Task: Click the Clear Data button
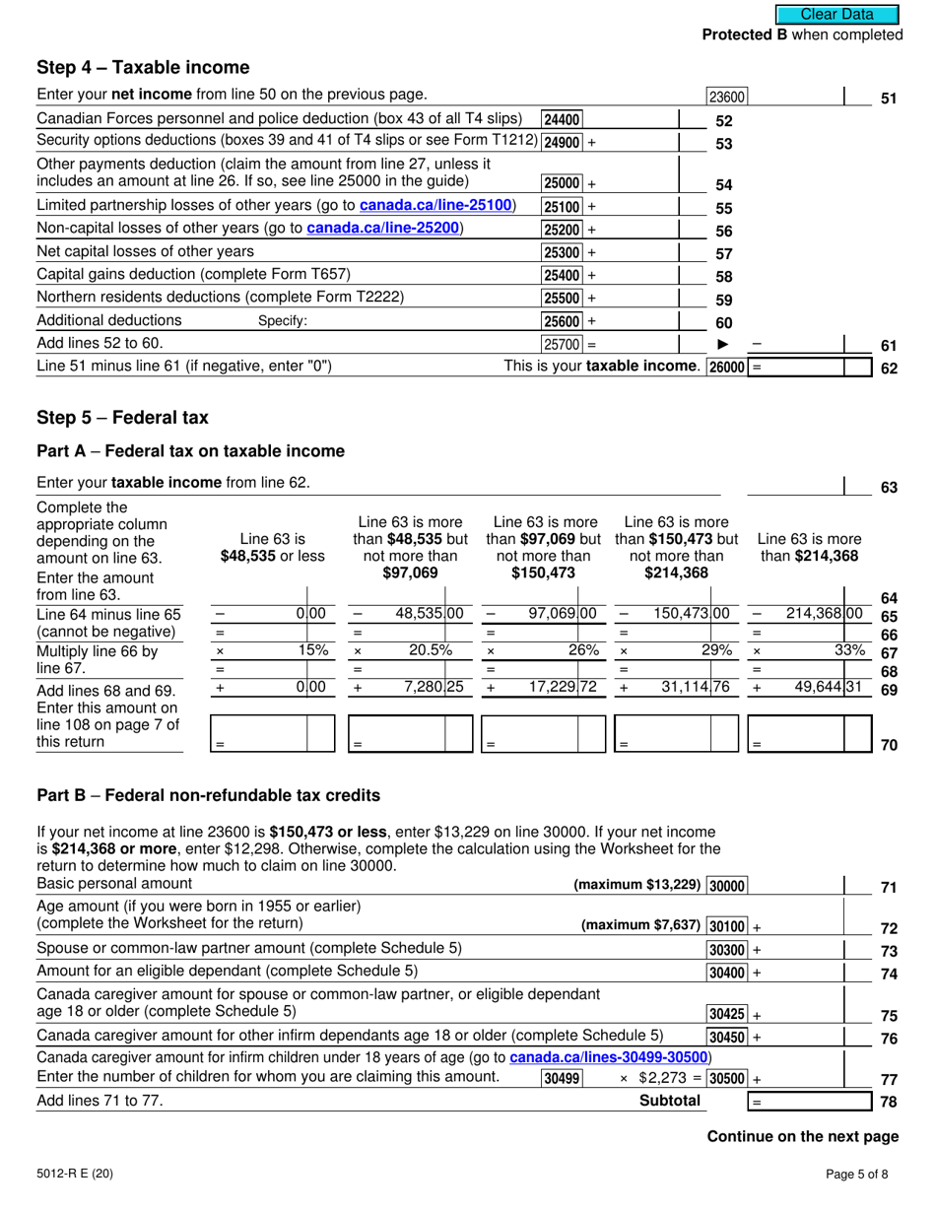(x=837, y=14)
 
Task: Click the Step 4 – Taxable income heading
(x=143, y=67)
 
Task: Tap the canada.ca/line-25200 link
(x=384, y=229)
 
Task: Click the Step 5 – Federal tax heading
(x=122, y=417)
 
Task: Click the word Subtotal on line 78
(x=670, y=1102)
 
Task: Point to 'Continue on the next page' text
(x=803, y=1136)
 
